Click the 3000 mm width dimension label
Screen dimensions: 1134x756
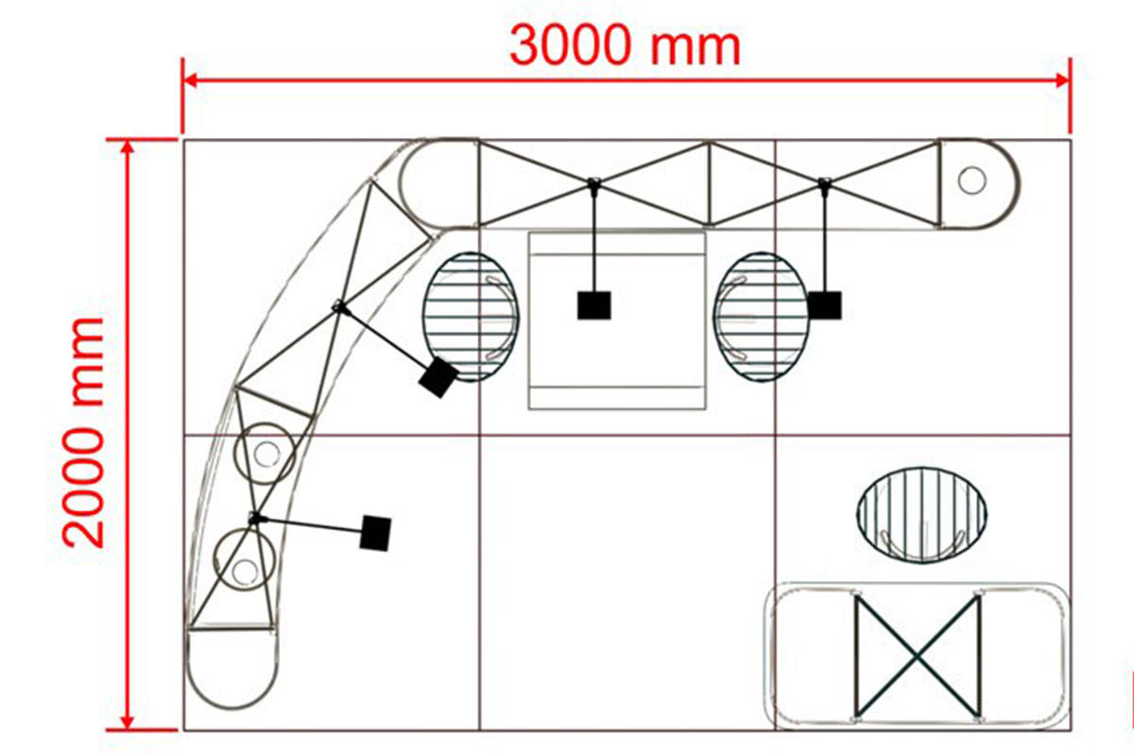[625, 46]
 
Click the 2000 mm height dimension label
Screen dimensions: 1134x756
[83, 434]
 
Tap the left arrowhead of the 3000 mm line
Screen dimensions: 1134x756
[190, 80]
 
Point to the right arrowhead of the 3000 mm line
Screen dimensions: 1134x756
[1063, 80]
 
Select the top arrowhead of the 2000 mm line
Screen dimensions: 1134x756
[129, 146]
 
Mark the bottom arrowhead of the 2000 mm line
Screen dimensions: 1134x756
[129, 722]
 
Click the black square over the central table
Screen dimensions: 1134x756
[593, 305]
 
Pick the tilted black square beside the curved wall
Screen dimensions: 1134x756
[438, 377]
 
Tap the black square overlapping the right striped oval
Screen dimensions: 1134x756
[825, 305]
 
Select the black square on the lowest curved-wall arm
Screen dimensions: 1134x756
[375, 533]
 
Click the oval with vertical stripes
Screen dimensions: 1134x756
[922, 514]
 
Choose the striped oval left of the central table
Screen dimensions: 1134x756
[471, 317]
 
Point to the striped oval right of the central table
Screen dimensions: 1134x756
[762, 317]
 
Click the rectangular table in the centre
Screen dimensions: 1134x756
[617, 320]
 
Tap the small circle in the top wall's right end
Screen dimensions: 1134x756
[972, 180]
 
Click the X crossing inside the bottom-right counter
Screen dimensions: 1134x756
[918, 658]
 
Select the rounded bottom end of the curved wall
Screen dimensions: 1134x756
[232, 668]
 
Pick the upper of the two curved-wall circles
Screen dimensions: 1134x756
[265, 454]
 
